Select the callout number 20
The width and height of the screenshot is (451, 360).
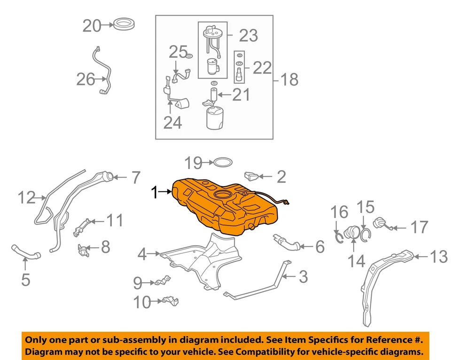click(92, 25)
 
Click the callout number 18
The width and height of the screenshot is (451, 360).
click(289, 79)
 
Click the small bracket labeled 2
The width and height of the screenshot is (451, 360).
click(252, 177)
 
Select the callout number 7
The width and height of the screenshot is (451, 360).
click(135, 178)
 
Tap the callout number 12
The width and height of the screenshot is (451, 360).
click(27, 198)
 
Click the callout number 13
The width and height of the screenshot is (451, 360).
click(439, 257)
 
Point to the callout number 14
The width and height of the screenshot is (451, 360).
click(356, 261)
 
